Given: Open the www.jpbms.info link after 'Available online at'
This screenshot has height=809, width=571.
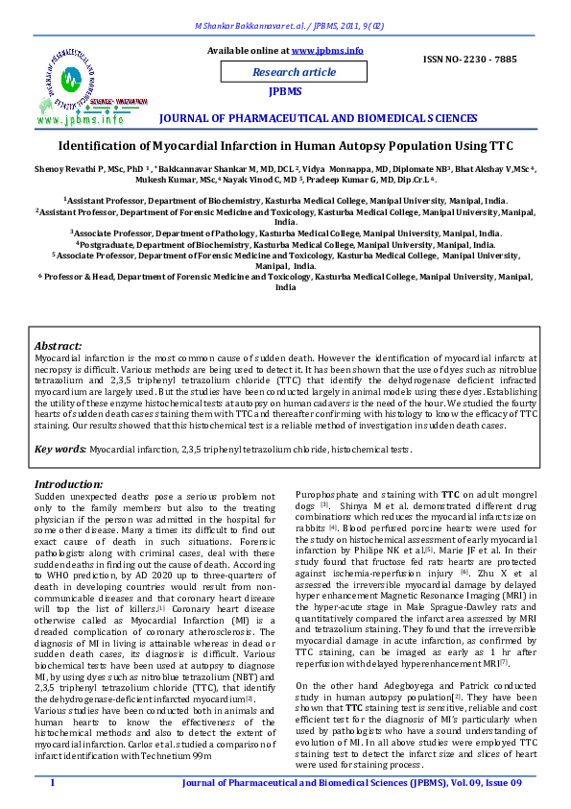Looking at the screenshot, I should [327, 49].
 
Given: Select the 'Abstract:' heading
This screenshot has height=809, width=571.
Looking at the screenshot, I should [59, 345].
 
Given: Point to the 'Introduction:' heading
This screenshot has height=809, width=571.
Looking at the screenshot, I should [69, 484].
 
